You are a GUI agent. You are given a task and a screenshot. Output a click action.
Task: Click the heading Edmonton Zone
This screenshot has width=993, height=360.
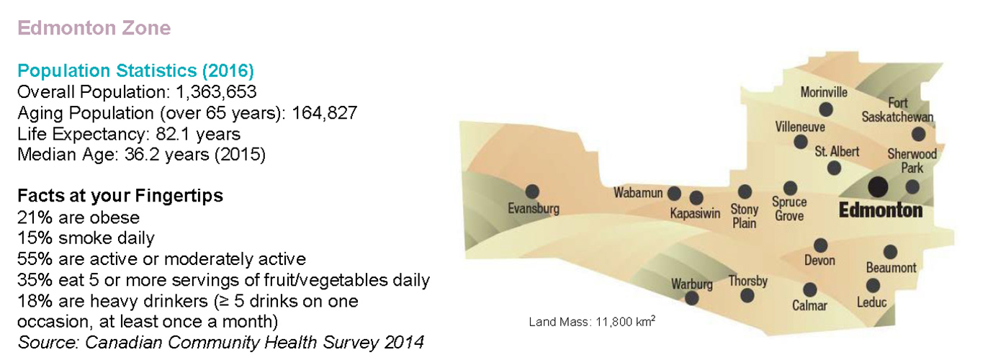tap(94, 28)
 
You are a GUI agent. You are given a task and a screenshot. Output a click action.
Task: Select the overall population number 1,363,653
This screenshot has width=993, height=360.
tap(216, 92)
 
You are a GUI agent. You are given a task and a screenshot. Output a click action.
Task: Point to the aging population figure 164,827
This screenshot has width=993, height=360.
tap(324, 113)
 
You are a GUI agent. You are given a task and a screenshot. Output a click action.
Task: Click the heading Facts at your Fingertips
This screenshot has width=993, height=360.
tap(120, 196)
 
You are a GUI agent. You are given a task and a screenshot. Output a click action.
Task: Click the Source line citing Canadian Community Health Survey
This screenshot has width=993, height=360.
tap(220, 342)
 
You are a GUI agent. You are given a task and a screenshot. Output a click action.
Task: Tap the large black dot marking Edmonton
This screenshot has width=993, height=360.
tap(878, 186)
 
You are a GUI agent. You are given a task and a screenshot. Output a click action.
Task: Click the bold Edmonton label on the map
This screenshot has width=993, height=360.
tap(881, 210)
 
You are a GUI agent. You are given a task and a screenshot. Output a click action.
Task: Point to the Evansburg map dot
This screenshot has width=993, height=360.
tap(532, 192)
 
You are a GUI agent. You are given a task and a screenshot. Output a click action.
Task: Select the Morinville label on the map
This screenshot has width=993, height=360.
tap(824, 92)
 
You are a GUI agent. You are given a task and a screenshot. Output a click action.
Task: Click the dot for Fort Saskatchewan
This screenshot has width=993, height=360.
tap(918, 134)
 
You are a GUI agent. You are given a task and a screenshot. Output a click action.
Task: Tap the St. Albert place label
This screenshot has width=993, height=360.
tap(837, 152)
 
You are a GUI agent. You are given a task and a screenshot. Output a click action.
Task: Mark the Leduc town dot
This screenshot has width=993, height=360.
tap(873, 286)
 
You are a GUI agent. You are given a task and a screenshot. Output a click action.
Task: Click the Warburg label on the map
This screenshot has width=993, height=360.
tap(691, 284)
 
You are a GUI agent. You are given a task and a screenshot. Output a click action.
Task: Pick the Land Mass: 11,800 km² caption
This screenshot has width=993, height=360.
tap(592, 321)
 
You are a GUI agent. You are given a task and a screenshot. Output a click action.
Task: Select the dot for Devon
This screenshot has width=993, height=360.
tap(820, 246)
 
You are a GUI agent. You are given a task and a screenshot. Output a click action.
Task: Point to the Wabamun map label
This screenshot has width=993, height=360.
tap(638, 192)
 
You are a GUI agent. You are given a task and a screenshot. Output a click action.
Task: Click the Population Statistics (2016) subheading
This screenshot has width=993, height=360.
tap(135, 71)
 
